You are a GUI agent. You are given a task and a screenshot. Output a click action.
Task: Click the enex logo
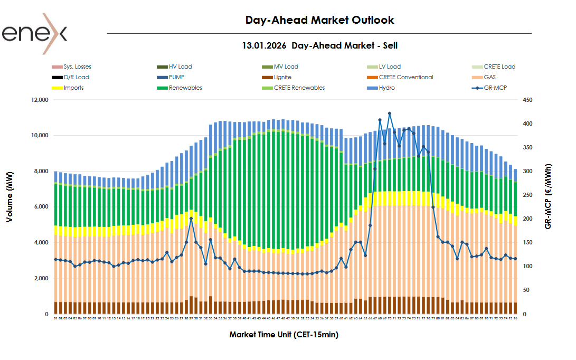34,34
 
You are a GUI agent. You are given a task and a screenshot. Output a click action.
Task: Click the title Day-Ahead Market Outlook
319,20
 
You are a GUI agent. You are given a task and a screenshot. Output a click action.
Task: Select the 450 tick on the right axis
527,100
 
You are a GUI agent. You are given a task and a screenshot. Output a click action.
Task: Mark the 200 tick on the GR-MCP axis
527,219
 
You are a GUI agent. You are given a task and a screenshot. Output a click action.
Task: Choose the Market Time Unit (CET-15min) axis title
284,335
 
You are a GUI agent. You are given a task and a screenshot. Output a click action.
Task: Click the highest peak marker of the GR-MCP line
389,113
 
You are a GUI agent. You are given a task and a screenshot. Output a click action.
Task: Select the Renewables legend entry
185,88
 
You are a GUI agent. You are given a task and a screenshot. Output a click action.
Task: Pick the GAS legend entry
489,77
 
